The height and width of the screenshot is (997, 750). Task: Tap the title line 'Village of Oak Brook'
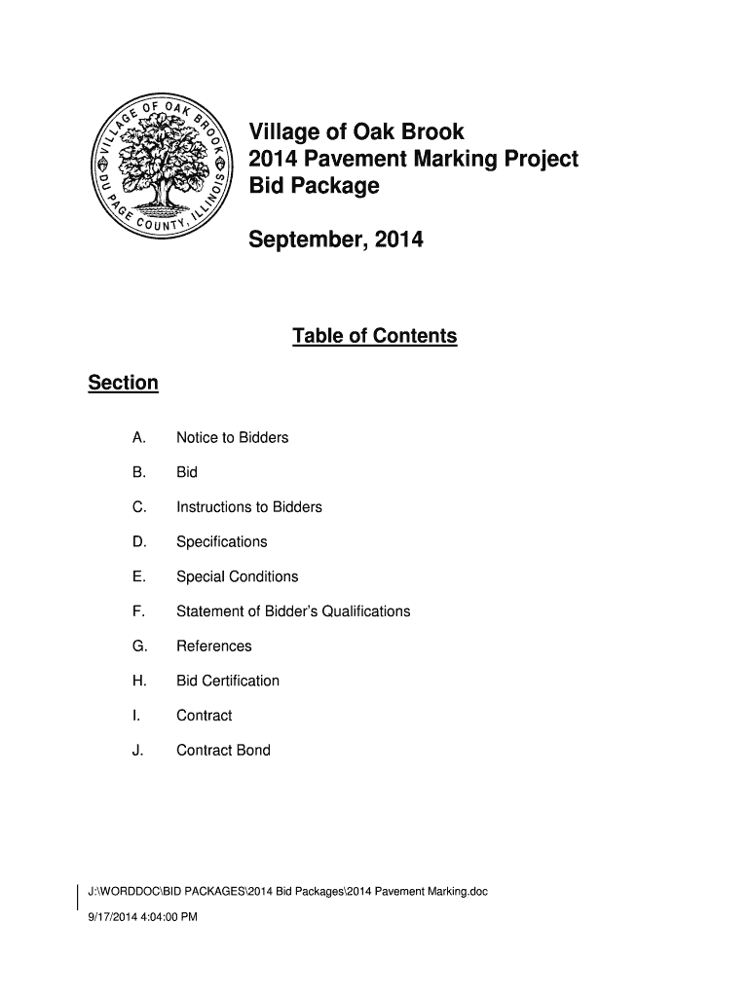[357, 131]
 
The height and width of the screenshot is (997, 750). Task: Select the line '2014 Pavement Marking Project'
[414, 159]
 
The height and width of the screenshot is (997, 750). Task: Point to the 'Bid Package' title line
[314, 186]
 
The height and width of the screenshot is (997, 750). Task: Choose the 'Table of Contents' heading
[374, 336]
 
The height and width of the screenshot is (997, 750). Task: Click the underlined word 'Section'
[123, 383]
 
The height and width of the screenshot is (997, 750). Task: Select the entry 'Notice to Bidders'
[232, 438]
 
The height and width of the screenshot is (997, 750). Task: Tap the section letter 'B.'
[139, 472]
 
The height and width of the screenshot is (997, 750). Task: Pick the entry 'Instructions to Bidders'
[248, 507]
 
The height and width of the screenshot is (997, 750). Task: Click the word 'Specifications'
[221, 542]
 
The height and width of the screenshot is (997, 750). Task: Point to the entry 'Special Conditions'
[237, 576]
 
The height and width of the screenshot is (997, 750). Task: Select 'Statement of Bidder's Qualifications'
[293, 611]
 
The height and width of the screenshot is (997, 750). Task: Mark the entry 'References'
[213, 646]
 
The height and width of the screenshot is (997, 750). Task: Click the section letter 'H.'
[139, 681]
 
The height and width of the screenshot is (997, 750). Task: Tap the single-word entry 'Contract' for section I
[204, 716]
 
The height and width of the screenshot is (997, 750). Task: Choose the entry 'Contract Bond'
[223, 751]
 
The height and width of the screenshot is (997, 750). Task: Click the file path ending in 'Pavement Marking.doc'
[287, 891]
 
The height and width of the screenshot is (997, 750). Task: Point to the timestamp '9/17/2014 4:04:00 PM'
[142, 916]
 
